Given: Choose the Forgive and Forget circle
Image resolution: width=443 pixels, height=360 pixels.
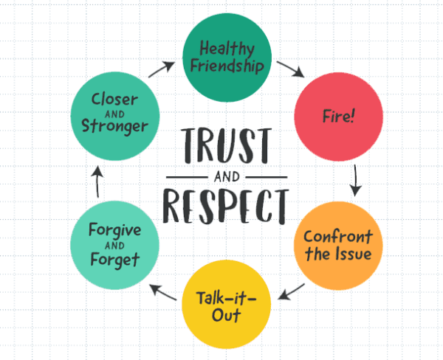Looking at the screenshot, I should coord(114,246).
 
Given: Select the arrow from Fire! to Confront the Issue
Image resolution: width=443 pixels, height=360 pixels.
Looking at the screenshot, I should coord(357,179).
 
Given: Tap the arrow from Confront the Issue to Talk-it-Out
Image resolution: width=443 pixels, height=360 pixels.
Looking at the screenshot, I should coord(292,291).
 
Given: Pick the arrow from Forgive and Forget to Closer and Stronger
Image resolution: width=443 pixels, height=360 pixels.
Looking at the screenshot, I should coord(96,180).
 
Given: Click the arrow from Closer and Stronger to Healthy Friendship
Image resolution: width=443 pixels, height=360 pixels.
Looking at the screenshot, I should coord(162,69).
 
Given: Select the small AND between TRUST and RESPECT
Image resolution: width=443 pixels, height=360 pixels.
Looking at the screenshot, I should coord(225,177).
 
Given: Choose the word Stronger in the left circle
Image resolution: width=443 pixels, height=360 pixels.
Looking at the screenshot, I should coord(115,127).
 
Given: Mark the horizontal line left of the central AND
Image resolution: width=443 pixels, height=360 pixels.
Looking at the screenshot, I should coord(188,178).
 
